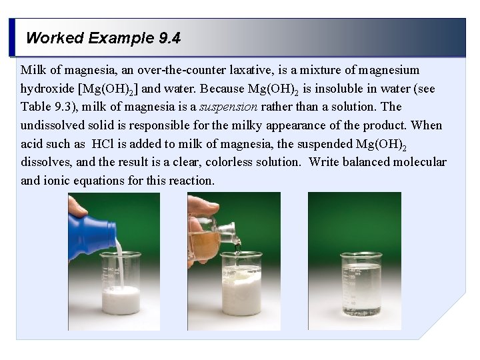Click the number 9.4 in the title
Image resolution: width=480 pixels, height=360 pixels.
click(170, 38)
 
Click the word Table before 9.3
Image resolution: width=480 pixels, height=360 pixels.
click(36, 107)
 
